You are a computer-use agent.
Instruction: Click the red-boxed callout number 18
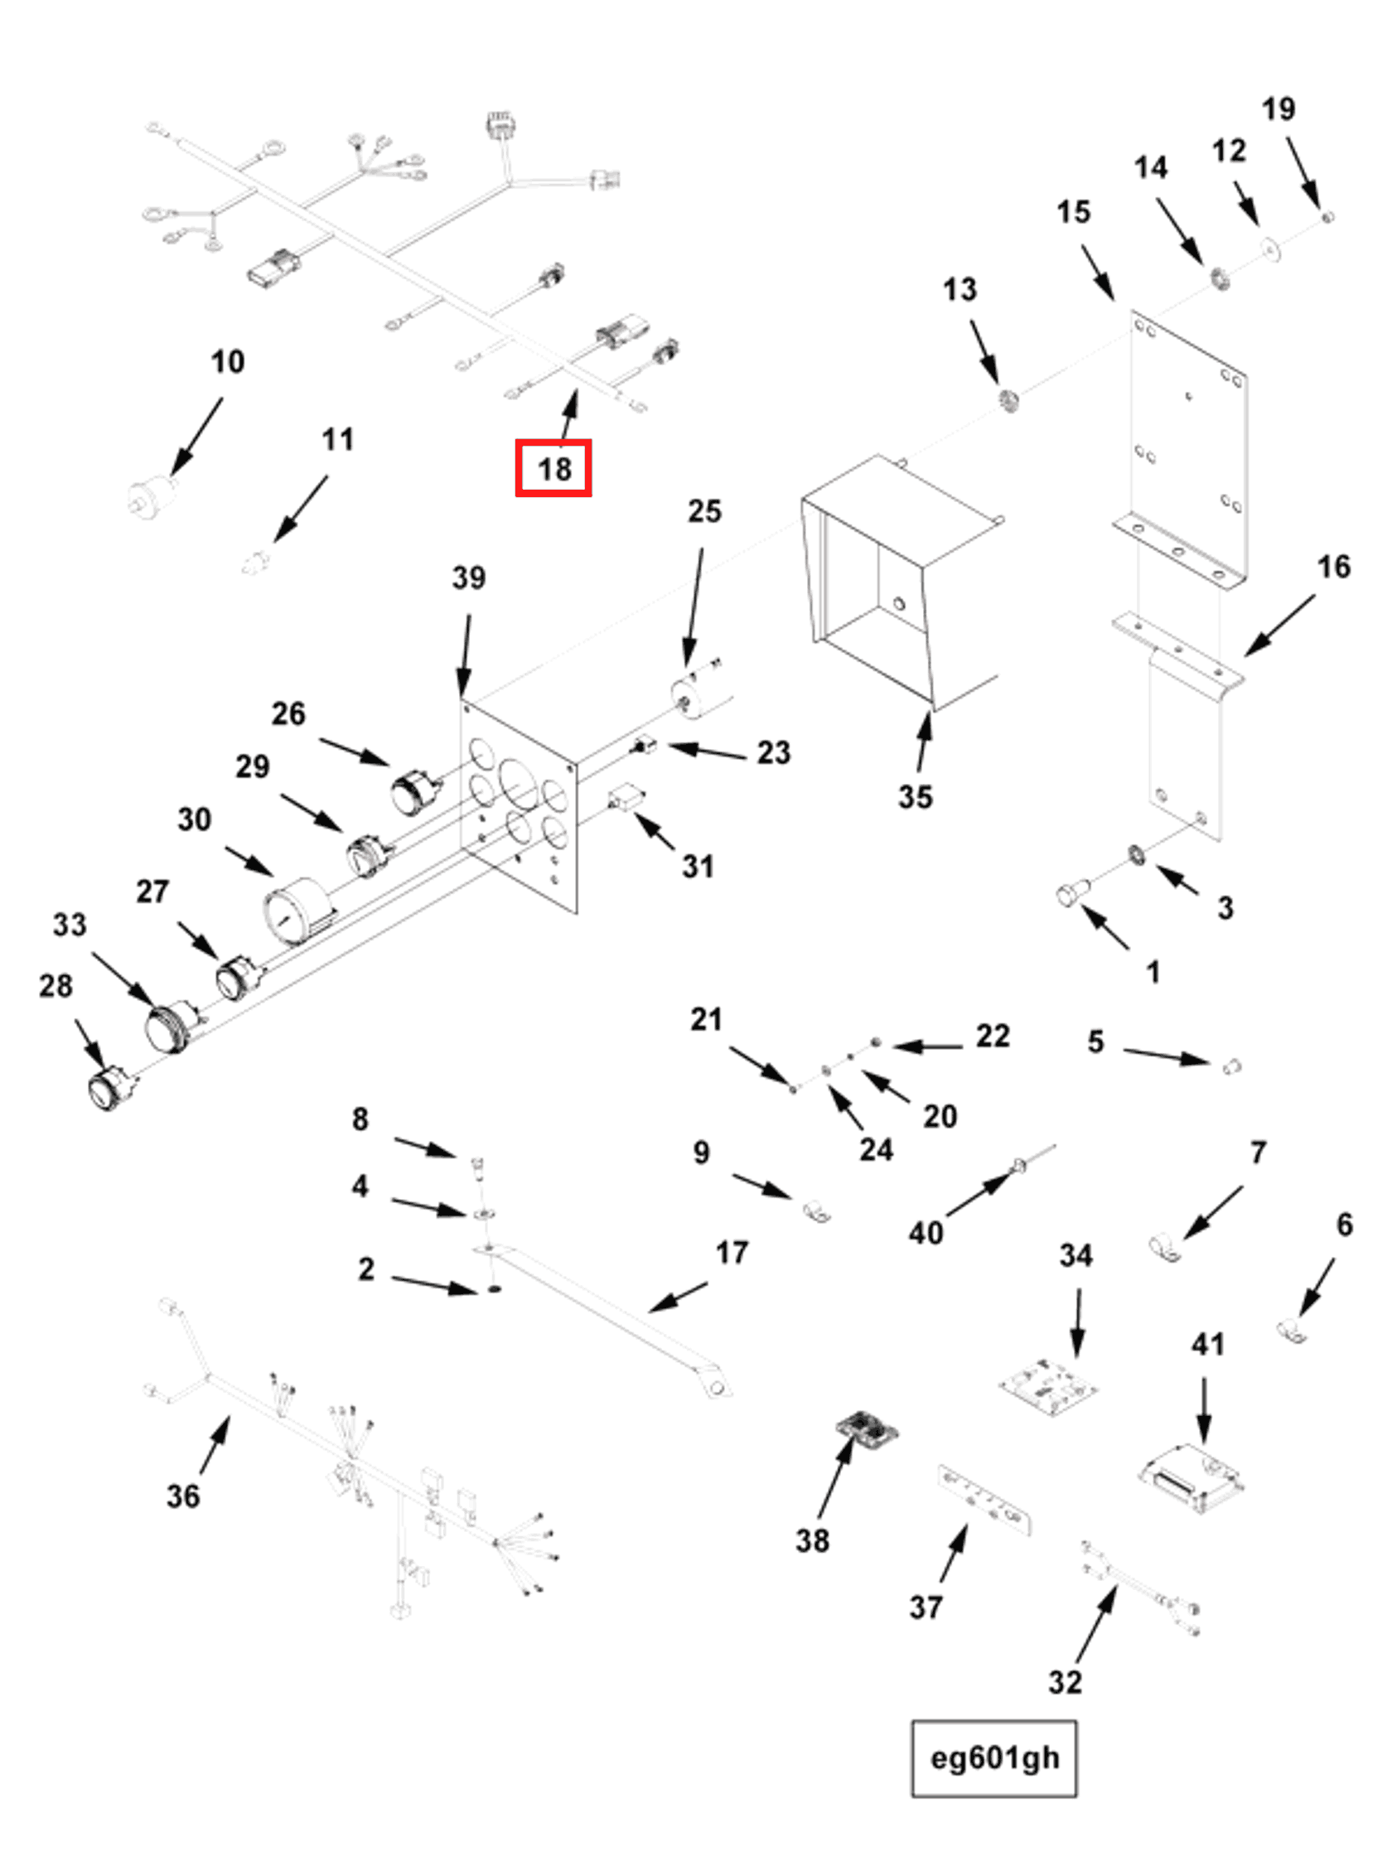pos(553,468)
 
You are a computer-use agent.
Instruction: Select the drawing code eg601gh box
pos(993,1757)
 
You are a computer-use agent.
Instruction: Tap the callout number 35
pos(915,795)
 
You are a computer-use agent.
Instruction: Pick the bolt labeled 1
pos(1071,893)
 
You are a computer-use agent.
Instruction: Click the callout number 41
pos(1206,1344)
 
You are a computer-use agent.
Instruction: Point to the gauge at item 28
pos(108,1089)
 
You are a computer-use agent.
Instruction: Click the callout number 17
pos(731,1253)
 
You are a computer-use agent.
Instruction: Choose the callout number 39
pos(468,578)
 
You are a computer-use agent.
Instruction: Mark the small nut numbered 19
pos(1327,217)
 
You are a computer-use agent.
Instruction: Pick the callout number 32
pos(1064,1681)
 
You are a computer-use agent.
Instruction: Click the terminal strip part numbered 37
pos(984,1505)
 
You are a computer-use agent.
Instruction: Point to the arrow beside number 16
pos(1278,625)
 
